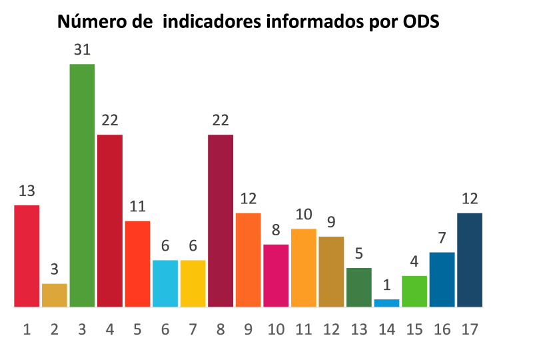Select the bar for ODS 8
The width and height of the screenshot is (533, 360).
(221, 221)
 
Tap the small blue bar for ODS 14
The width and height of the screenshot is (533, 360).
(386, 303)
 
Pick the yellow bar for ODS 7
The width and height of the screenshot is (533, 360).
(193, 283)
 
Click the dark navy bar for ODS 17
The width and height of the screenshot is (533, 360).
(470, 260)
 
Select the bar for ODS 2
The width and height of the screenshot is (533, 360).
(55, 295)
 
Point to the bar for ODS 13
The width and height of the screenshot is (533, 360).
(359, 287)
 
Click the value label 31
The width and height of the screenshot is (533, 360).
(82, 50)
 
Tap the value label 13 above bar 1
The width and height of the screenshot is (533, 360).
(27, 191)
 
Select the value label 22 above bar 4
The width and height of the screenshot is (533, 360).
(110, 121)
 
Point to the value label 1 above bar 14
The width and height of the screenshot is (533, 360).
(386, 285)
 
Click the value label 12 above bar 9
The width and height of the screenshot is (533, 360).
(248, 199)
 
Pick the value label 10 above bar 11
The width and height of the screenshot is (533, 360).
(303, 215)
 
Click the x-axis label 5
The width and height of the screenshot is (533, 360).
(138, 329)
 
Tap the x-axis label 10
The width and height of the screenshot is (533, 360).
(276, 329)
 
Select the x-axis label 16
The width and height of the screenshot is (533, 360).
(442, 329)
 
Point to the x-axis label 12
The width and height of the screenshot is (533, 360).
(331, 329)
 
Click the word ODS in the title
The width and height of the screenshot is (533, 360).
(421, 22)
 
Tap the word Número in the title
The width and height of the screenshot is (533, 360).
(89, 22)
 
